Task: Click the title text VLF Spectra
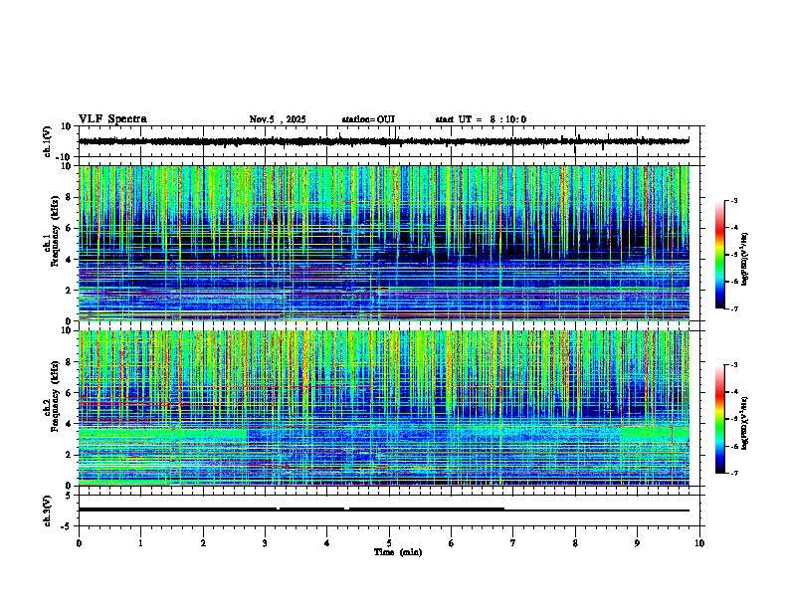[x=112, y=119]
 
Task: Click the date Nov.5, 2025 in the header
[x=277, y=119]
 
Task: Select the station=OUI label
[x=368, y=119]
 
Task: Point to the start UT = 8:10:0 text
[x=481, y=119]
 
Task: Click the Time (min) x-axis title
[x=397, y=551]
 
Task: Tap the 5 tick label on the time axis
[x=389, y=542]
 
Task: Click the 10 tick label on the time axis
[x=699, y=542]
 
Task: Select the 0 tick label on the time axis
[x=79, y=542]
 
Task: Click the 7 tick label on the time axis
[x=513, y=542]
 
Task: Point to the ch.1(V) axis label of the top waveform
[x=47, y=141]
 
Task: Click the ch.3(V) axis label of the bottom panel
[x=47, y=508]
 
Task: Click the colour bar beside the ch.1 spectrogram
[x=728, y=256]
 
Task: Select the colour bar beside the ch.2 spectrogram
[x=728, y=419]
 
